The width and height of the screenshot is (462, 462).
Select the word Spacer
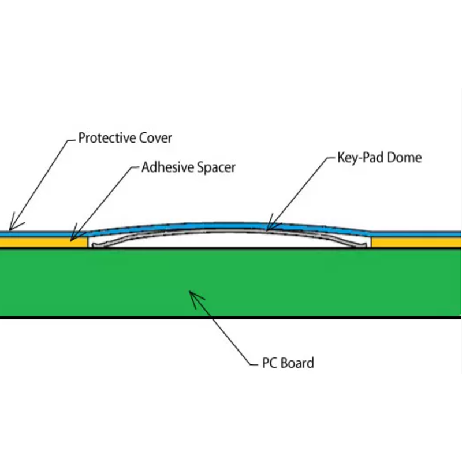[215, 168]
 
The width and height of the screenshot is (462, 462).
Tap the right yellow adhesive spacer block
[416, 243]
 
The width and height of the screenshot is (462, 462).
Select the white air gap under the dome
[231, 241]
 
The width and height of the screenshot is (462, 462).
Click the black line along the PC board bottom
[231, 318]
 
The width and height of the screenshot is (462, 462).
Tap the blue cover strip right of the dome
[416, 234]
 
